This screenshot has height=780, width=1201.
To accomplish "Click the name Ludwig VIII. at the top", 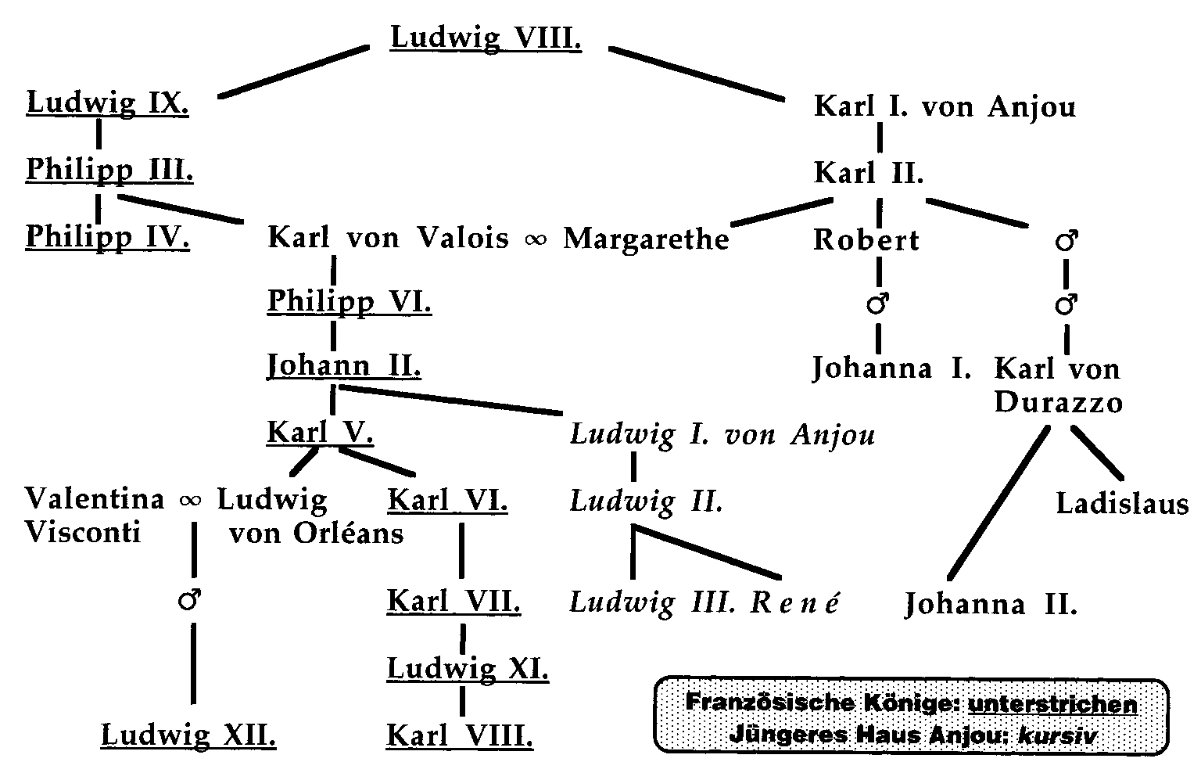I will point(486,38).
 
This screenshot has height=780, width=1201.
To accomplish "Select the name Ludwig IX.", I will point(107,103).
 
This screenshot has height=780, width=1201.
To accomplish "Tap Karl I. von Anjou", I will point(945,106).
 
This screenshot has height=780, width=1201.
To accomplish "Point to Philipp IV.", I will point(107,237).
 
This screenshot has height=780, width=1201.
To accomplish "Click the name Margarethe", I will point(646,239).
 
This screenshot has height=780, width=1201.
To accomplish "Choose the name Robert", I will point(866,240).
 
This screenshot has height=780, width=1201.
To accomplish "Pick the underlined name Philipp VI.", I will point(349,301).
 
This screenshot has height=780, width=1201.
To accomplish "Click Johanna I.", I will point(891,368).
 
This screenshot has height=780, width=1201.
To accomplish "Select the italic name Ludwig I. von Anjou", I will point(722,435).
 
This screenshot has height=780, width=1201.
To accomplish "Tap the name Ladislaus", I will point(1122,504).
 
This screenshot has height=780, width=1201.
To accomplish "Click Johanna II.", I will point(991,605).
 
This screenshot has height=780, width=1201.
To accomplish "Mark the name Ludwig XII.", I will point(188,735).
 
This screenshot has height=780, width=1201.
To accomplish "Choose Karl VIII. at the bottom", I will point(460,735).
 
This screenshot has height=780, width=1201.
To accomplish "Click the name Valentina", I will point(95,499).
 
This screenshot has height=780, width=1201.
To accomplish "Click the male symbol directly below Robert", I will point(879,305).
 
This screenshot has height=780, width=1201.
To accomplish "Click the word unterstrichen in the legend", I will point(1052,704).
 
